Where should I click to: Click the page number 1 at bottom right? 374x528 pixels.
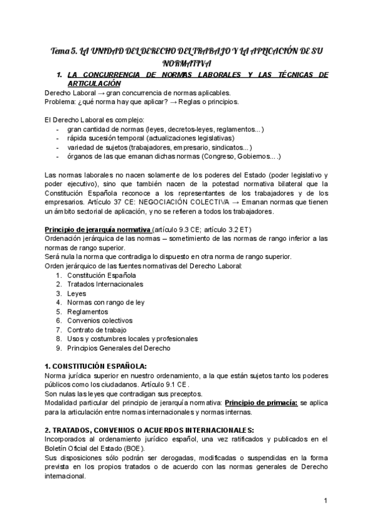click(x=325, y=501)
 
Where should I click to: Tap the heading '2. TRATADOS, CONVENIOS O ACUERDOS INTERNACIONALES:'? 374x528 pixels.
click(x=149, y=430)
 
